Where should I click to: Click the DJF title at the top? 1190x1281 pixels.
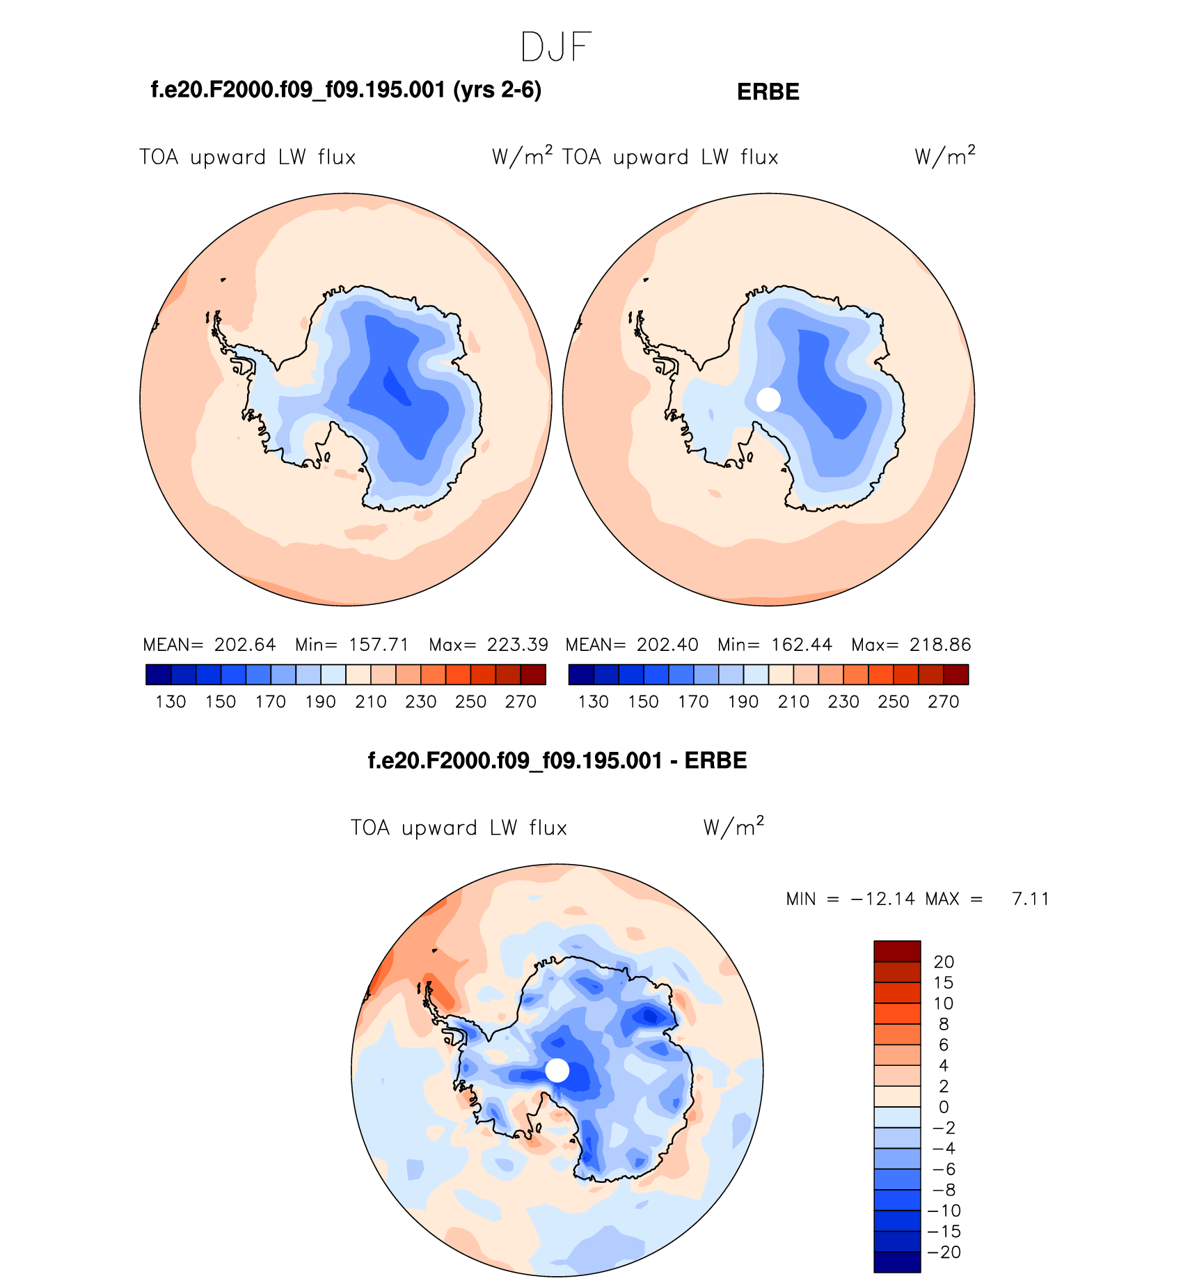pyautogui.click(x=555, y=47)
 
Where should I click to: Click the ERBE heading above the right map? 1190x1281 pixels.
pyautogui.click(x=768, y=92)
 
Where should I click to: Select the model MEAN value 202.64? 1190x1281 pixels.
pyautogui.click(x=245, y=645)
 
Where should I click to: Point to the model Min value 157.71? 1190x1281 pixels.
pyautogui.click(x=379, y=645)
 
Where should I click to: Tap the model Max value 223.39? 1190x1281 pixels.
pyautogui.click(x=517, y=645)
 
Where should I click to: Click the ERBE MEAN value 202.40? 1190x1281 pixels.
pyautogui.click(x=667, y=645)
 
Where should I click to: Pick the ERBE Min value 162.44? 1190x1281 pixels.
pyautogui.click(x=802, y=645)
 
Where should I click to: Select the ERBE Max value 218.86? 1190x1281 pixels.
pyautogui.click(x=940, y=645)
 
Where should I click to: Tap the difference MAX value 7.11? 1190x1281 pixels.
pyautogui.click(x=1031, y=899)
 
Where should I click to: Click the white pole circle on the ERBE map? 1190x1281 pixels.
pyautogui.click(x=768, y=400)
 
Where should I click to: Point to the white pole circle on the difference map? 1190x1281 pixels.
pyautogui.click(x=557, y=1070)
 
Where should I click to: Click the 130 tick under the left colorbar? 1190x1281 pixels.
pyautogui.click(x=170, y=702)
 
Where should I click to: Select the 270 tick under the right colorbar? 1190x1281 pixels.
pyautogui.click(x=944, y=702)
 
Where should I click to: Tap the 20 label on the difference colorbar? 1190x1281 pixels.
pyautogui.click(x=944, y=962)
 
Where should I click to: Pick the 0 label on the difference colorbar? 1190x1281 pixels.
pyautogui.click(x=944, y=1107)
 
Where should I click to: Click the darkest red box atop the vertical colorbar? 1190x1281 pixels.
pyautogui.click(x=897, y=951)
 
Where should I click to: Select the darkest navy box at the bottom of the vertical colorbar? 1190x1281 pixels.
pyautogui.click(x=897, y=1263)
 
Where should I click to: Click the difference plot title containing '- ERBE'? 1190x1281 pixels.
pyautogui.click(x=557, y=760)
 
